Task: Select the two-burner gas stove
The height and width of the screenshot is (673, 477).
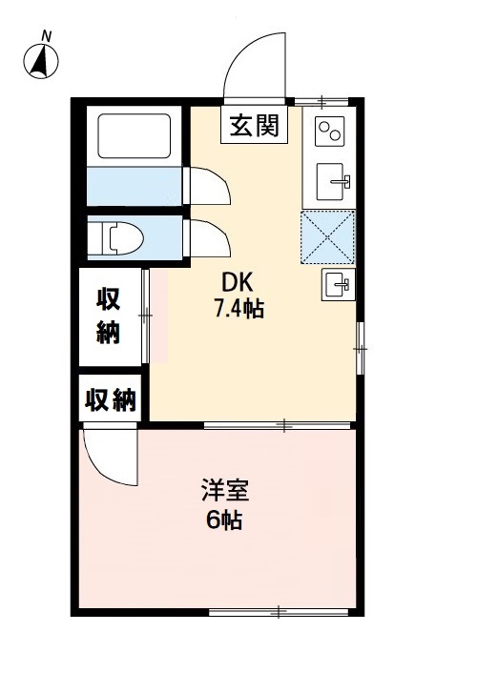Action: [x=330, y=131]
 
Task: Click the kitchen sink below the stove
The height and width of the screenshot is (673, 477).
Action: [x=331, y=178]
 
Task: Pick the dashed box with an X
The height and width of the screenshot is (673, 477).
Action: [x=328, y=236]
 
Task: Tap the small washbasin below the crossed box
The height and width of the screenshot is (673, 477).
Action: [x=337, y=283]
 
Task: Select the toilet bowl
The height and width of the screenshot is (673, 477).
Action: [x=120, y=238]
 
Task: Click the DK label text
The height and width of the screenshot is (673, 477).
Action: [x=238, y=282]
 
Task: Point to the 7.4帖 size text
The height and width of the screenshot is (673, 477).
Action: [x=238, y=308]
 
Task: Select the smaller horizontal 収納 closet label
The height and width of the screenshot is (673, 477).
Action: [x=110, y=399]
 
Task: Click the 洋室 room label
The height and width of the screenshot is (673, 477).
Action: [x=226, y=493]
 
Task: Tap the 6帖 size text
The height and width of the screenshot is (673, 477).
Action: [x=225, y=520]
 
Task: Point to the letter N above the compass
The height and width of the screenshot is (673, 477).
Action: [x=45, y=36]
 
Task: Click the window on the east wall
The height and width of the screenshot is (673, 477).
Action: [x=360, y=349]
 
